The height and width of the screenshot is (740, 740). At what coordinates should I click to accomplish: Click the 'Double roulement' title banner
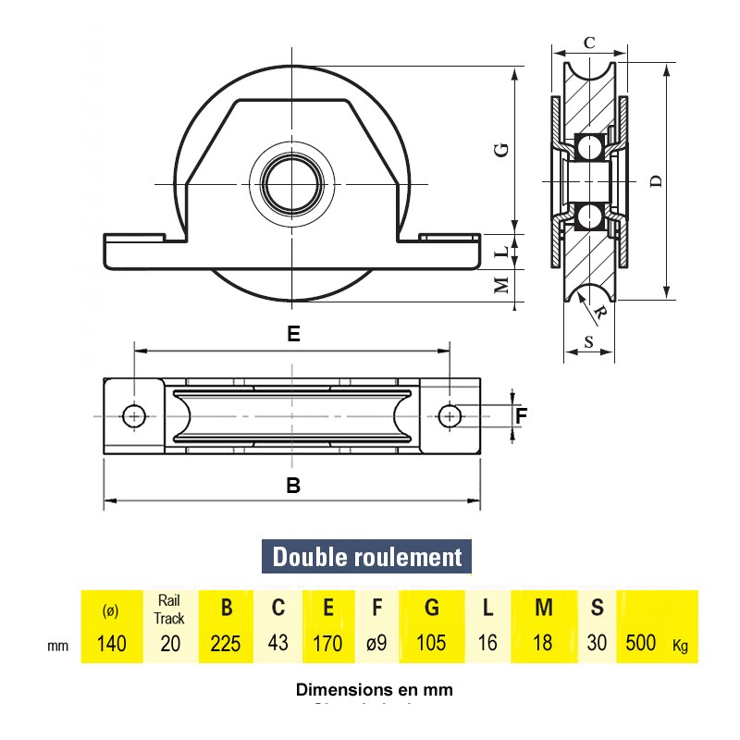367,557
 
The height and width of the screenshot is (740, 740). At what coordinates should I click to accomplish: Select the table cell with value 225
226,643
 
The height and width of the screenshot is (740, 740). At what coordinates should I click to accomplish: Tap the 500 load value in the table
642,643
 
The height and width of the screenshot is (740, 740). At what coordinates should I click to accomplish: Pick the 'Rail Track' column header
170,610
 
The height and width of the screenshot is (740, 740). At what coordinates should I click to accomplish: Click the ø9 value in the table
376,643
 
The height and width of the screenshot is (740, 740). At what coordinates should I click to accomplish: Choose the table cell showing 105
432,643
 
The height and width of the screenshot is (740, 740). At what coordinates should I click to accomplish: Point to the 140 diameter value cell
111,643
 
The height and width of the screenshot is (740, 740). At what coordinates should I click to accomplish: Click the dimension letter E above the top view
293,335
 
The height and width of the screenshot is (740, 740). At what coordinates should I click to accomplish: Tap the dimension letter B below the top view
293,485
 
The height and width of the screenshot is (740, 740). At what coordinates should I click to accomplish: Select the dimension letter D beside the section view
656,181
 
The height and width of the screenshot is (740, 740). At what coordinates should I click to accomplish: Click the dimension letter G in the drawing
500,149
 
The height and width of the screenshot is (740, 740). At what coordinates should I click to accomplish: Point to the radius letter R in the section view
600,313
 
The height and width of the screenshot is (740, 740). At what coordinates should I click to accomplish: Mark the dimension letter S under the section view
589,341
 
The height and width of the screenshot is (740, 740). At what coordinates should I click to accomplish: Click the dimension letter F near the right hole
521,416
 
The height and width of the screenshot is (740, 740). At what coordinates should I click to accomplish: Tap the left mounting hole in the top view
135,416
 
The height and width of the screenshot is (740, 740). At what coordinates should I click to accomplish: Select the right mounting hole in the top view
450,416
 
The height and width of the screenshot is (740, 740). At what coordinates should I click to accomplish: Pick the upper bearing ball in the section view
588,145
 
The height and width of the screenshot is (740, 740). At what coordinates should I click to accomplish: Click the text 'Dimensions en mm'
374,689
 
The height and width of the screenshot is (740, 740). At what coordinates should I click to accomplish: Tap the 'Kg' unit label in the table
680,645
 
